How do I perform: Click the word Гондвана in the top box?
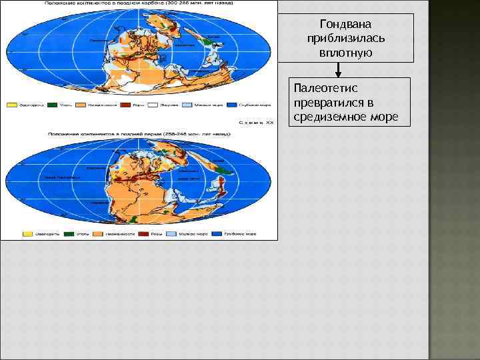tap(347, 24)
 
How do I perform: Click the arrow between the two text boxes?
tap(339, 69)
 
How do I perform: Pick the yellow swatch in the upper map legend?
tap(11, 105)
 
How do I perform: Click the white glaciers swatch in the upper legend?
tap(152, 105)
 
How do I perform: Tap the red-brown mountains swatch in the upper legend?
tap(118, 105)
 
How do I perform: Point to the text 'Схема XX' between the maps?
tap(255, 123)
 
